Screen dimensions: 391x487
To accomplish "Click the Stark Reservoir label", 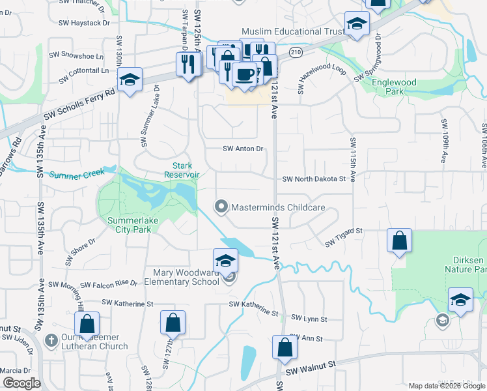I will point(182,170).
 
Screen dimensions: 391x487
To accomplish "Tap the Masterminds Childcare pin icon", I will point(221,207).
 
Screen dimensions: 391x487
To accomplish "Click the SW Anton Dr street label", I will point(243,149).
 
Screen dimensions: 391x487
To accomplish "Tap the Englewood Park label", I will point(394,87).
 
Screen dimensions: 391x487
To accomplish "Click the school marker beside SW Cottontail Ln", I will point(130,80).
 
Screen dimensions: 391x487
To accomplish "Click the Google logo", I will point(21,383).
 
